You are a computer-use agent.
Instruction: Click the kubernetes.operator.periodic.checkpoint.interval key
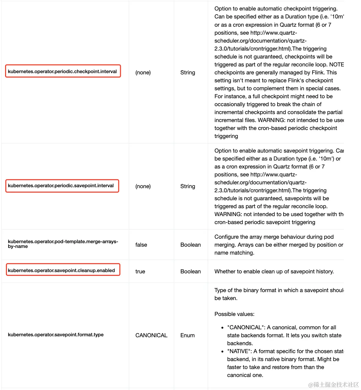pyautogui.click(x=62, y=72)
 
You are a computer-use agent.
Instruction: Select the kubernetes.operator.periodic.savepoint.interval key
pyautogui.click(x=61, y=186)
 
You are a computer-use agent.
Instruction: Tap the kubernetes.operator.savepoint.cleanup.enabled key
pyautogui.click(x=61, y=270)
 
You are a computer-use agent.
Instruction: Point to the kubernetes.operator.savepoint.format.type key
pyautogui.click(x=56, y=335)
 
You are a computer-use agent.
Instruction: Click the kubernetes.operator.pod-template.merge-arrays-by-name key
pyautogui.click(x=63, y=244)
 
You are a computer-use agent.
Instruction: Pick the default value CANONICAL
pyautogui.click(x=151, y=335)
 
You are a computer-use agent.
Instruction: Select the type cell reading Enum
pyautogui.click(x=187, y=335)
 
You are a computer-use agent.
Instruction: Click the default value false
pyautogui.click(x=141, y=245)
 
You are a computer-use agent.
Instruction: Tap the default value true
pyautogui.click(x=140, y=271)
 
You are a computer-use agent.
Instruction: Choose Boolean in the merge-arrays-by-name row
pyautogui.click(x=190, y=245)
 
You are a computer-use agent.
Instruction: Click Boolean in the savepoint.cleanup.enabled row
pyautogui.click(x=190, y=271)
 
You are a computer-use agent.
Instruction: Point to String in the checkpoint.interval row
pyautogui.click(x=187, y=72)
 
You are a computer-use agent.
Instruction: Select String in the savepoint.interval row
pyautogui.click(x=187, y=186)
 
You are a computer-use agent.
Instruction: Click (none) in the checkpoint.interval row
pyautogui.click(x=143, y=72)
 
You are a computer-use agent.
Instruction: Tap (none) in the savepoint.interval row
pyautogui.click(x=143, y=186)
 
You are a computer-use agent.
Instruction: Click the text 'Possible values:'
pyautogui.click(x=234, y=314)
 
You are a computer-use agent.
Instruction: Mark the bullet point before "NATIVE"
pyautogui.click(x=222, y=352)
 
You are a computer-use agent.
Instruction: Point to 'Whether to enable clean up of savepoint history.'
pyautogui.click(x=274, y=271)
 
